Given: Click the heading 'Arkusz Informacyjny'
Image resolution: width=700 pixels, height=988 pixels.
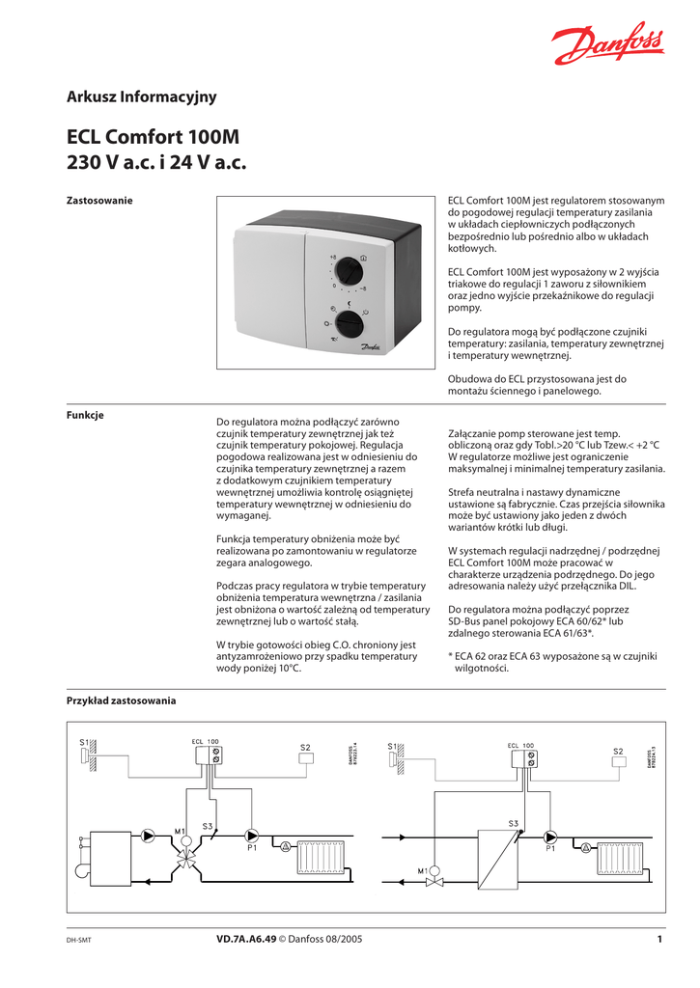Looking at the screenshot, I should coord(141,96).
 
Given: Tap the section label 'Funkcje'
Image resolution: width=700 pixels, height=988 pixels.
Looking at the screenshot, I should coord(85,415).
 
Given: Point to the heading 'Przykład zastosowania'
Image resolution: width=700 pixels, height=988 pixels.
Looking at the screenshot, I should coord(121,700).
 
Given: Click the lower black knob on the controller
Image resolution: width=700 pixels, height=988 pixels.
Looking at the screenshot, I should coord(349,322).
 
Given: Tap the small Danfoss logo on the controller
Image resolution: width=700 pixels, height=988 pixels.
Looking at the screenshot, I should coord(372,347).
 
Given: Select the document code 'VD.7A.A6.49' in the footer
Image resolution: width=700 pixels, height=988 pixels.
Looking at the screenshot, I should coord(246,939).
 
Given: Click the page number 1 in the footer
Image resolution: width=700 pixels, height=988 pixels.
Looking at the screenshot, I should coord(659,939).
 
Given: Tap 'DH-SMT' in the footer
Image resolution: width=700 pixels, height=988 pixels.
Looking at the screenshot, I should coord(78,940).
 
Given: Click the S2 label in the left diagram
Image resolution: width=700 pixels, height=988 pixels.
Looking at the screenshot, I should coord(305,748).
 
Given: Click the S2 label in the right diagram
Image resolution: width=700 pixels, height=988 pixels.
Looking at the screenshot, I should coord(619,752).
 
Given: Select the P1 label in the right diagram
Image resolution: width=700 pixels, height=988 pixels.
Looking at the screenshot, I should coord(550,849).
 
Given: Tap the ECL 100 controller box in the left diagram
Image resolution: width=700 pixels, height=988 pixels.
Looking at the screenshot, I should coord(212,755).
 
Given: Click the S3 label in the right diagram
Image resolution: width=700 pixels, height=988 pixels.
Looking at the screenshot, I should coord(513,822).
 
